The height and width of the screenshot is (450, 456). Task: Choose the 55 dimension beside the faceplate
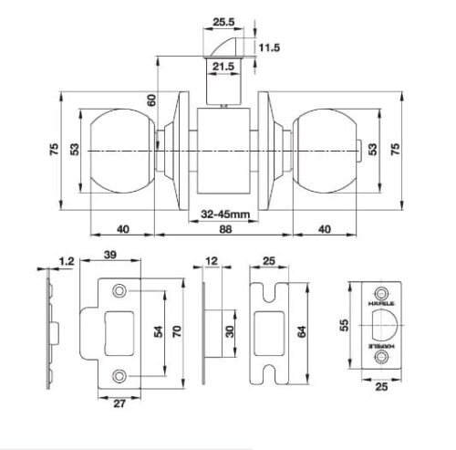click(343, 324)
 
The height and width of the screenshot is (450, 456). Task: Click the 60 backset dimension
click(151, 100)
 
